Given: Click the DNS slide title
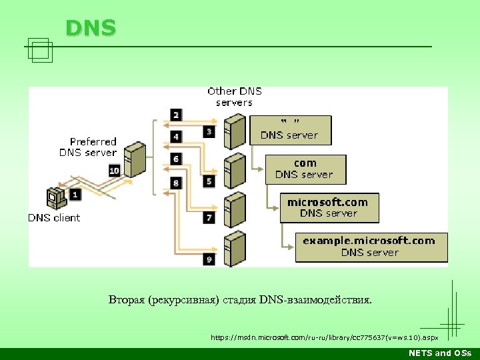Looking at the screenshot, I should click(x=91, y=27).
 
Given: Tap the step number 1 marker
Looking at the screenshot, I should click(x=75, y=194).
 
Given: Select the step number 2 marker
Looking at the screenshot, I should click(x=176, y=115).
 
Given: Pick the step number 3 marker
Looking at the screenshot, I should click(x=209, y=132).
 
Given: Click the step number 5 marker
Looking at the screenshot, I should click(x=209, y=181).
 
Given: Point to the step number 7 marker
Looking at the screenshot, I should click(x=209, y=218).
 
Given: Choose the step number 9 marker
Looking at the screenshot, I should click(x=209, y=259).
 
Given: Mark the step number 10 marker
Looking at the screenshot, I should click(x=114, y=171).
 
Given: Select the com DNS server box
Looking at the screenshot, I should click(x=305, y=169).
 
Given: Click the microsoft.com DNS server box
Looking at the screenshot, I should click(x=329, y=207).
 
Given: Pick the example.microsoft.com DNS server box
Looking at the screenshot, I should click(x=371, y=247).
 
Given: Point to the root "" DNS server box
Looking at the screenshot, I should click(x=289, y=129).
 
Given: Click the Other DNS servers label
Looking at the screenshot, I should click(x=234, y=97).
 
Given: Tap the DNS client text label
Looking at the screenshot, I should click(x=54, y=217).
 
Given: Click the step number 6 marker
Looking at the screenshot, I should click(x=176, y=159).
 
